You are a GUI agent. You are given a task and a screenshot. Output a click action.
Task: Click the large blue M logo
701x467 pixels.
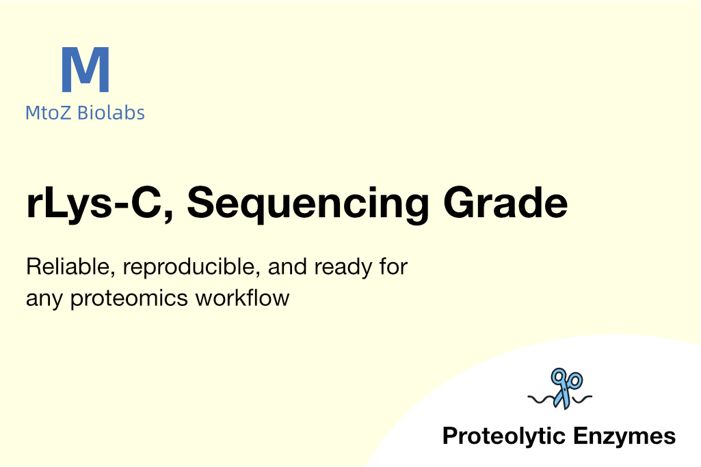coord(85,69)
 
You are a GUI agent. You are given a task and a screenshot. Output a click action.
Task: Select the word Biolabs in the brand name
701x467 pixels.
coord(111,113)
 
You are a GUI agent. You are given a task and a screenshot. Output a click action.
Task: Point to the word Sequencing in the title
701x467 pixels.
coord(308,204)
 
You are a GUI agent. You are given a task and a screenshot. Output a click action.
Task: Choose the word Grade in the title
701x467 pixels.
coord(505,203)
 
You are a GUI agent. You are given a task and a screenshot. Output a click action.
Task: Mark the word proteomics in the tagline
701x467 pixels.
coord(129,298)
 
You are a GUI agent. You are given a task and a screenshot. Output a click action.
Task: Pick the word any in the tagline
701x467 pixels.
coord(44,300)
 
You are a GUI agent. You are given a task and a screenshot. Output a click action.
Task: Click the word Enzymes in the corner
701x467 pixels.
coord(624,436)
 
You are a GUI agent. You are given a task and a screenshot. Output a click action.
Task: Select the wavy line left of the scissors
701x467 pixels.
coord(542,399)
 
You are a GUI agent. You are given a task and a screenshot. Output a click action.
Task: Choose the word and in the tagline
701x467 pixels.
coord(287,267)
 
